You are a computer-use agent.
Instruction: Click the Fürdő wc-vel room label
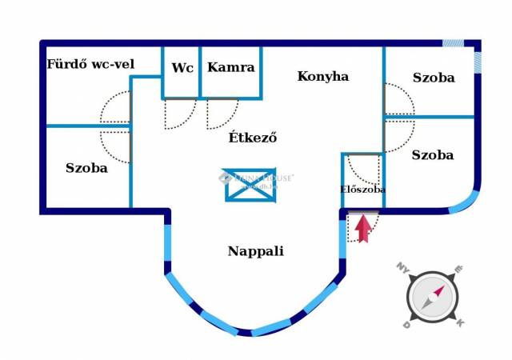click(x=90, y=64)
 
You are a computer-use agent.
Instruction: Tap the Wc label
click(x=182, y=68)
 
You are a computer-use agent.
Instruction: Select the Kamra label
click(x=230, y=68)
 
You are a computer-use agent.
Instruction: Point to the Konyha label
click(x=323, y=77)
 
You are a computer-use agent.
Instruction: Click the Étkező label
click(x=253, y=137)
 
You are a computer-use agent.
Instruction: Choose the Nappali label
click(x=255, y=251)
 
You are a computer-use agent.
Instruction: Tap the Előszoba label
click(x=362, y=190)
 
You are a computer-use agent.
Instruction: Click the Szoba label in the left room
click(x=86, y=168)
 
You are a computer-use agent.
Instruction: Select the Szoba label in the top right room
click(x=434, y=78)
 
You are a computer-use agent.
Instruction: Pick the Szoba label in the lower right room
click(x=433, y=155)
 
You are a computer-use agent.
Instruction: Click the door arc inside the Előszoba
click(x=367, y=169)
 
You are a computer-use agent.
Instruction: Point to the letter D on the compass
click(x=406, y=325)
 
